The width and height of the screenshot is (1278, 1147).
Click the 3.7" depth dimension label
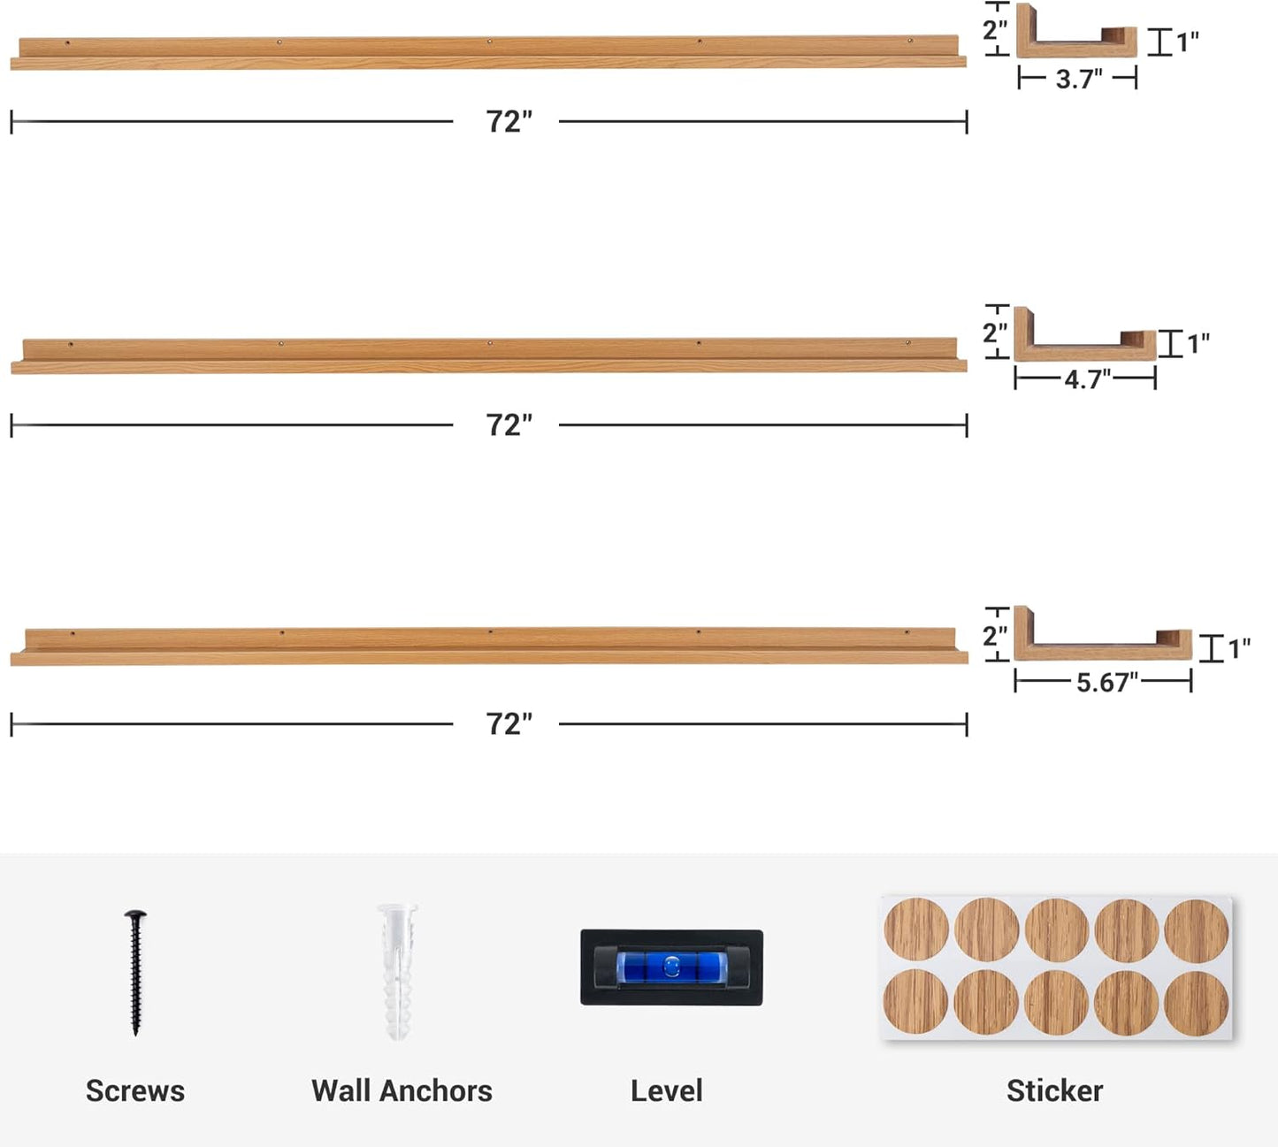coord(1078,80)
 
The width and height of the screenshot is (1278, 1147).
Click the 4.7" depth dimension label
coord(1087,379)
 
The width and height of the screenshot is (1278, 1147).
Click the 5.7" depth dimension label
coord(1106,682)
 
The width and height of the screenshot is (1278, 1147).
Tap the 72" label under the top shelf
coord(509,122)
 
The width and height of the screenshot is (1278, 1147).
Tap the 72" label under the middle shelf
coord(509,425)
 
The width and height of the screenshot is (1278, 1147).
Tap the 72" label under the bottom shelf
coord(509,724)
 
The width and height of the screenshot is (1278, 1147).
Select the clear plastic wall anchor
coord(397,971)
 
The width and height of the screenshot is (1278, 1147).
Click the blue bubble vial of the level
coord(670,967)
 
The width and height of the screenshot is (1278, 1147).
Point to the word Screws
coord(135,1091)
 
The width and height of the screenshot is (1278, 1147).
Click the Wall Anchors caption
coord(402,1091)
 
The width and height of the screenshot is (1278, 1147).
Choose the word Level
coord(667,1091)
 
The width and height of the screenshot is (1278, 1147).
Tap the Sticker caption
coord(1054,1091)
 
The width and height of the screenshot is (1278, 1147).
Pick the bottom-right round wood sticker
coord(1197,1003)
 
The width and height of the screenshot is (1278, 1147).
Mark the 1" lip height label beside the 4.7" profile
coord(1198,343)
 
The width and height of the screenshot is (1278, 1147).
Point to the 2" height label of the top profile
coord(995,30)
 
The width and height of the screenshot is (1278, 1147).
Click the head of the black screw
coord(135,915)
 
